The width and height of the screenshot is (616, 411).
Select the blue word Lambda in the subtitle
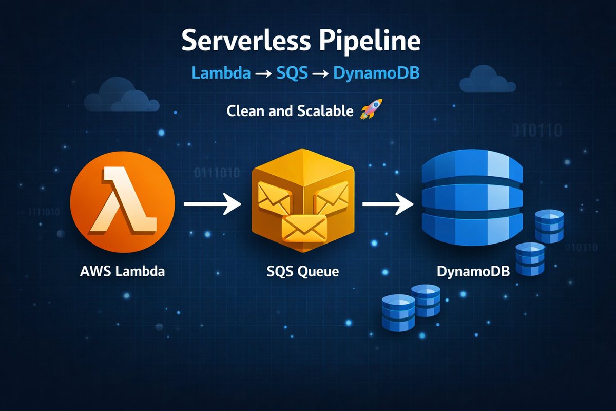tap(221, 73)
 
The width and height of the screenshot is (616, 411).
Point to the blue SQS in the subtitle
tap(292, 73)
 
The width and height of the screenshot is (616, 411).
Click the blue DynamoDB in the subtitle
tap(376, 73)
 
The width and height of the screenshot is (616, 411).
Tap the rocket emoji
tap(367, 110)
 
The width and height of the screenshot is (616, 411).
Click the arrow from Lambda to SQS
tap(212, 204)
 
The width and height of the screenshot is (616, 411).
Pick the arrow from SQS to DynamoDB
tap(388, 204)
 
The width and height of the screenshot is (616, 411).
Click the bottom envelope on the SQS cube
tap(304, 227)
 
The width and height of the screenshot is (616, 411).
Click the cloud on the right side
tap(487, 80)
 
